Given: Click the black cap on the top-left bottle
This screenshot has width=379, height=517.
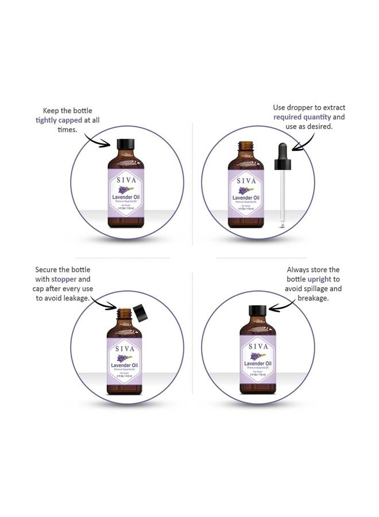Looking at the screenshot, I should click(x=125, y=144).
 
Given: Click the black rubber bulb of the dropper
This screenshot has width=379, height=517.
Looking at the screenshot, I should click(x=284, y=151).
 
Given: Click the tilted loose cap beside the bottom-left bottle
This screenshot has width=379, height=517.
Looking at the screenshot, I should click(x=140, y=313).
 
